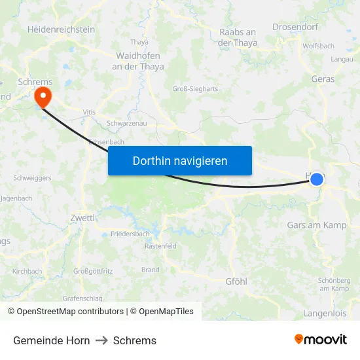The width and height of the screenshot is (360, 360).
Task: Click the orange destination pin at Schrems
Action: click(x=43, y=98)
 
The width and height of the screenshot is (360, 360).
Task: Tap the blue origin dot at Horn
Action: click(x=317, y=179)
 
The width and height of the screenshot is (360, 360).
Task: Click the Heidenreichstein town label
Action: click(x=61, y=29)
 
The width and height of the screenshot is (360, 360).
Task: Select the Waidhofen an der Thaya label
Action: click(x=138, y=61)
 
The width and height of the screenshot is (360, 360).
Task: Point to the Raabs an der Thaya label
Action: click(x=238, y=37)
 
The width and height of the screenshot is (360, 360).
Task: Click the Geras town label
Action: click(x=323, y=79)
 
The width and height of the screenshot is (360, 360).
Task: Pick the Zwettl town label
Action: click(x=82, y=217)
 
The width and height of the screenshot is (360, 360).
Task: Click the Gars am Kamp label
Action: click(x=317, y=225)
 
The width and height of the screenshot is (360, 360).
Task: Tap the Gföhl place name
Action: click(x=236, y=281)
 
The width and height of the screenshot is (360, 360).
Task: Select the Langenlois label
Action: click(x=325, y=314)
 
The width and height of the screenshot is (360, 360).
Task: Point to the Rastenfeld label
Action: click(x=160, y=246)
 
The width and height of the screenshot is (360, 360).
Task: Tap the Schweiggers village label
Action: click(x=32, y=177)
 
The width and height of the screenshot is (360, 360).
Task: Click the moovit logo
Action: click(x=320, y=340)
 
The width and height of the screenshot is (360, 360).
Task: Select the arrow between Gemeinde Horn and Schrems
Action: click(x=101, y=340)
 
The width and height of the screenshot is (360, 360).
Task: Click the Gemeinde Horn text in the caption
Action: click(x=52, y=340)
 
